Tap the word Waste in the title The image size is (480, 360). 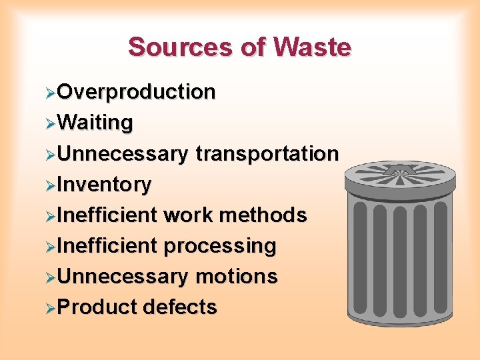click(x=311, y=47)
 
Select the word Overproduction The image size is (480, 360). click(x=136, y=92)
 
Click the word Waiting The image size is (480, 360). click(x=95, y=123)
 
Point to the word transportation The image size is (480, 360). click(x=267, y=153)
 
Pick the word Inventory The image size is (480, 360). click(x=104, y=184)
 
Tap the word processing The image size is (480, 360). click(x=220, y=245)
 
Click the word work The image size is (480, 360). click(x=188, y=215)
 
